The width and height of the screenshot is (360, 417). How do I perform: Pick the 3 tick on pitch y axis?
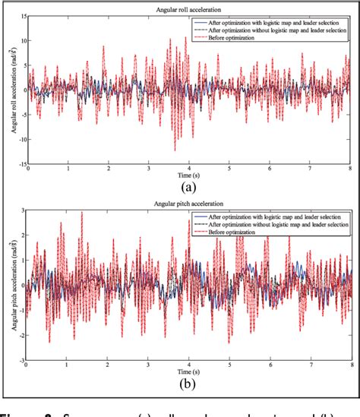pyautogui.click(x=24, y=210)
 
